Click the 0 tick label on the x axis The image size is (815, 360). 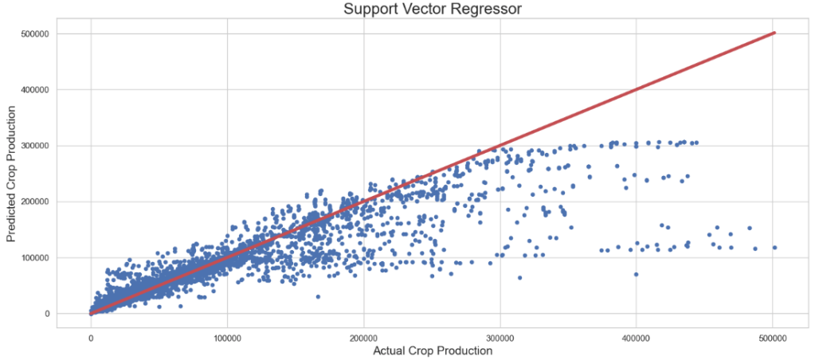point(91,338)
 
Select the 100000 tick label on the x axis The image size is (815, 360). point(227,338)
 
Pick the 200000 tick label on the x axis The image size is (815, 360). point(364,338)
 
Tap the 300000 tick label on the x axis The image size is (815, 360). point(500,338)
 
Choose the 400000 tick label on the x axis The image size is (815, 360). point(637,338)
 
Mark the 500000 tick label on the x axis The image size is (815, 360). point(773,338)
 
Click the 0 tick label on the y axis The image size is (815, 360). point(47,314)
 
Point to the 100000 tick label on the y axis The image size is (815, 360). point(34,258)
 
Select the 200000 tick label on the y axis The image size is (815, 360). point(34,202)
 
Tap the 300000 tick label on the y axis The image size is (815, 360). point(34,146)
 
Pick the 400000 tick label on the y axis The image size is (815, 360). point(34,90)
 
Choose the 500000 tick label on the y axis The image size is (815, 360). point(34,34)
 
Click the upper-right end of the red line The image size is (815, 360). point(774,33)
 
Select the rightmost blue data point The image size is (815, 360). point(774,248)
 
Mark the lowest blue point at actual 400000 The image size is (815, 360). point(636,274)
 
